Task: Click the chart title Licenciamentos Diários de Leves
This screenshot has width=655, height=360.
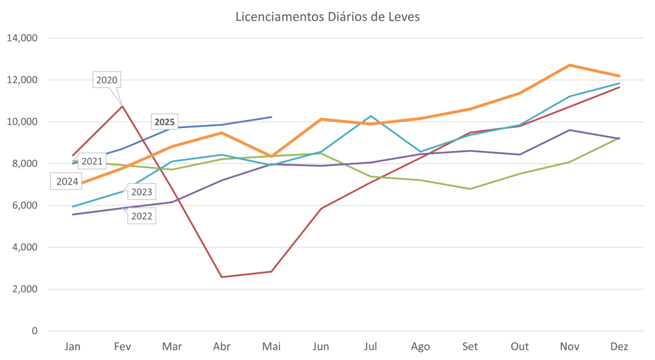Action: click(x=327, y=17)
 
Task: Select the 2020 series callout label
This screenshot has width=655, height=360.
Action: click(x=107, y=80)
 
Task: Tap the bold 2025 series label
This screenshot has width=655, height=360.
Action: click(x=164, y=122)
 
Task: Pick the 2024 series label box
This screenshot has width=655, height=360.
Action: click(x=68, y=182)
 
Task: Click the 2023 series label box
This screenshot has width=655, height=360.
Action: click(x=141, y=192)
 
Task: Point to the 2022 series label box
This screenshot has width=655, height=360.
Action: click(x=141, y=215)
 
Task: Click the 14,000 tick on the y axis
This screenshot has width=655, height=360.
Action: click(x=22, y=38)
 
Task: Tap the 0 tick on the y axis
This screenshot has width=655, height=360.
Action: click(x=34, y=331)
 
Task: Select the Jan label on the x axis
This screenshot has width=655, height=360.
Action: click(x=72, y=347)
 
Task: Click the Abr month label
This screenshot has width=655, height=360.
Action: click(x=222, y=347)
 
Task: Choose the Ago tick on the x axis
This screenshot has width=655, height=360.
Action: click(x=421, y=347)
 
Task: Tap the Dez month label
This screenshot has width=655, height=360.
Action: click(x=620, y=347)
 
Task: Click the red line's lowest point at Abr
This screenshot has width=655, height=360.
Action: click(x=222, y=277)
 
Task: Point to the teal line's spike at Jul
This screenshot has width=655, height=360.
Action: click(x=371, y=116)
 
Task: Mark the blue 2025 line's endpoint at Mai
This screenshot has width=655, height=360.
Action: click(x=271, y=117)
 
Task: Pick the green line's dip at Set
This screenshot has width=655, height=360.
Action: click(x=471, y=189)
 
